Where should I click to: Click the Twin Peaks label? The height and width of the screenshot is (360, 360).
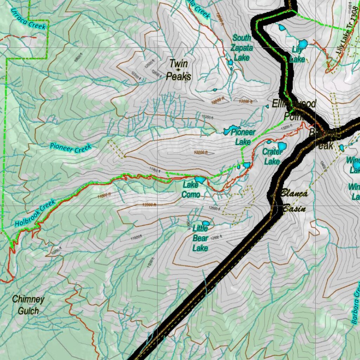[179, 70]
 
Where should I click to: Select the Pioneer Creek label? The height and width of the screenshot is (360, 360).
[70, 148]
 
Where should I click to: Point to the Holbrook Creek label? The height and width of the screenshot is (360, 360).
[35, 213]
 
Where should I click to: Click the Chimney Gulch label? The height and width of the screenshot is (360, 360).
[28, 305]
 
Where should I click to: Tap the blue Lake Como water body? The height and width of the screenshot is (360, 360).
[200, 180]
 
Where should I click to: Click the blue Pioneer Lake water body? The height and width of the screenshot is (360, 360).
[232, 130]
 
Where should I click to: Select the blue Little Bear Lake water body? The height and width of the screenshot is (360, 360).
[206, 223]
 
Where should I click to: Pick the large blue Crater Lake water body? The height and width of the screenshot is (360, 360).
[282, 146]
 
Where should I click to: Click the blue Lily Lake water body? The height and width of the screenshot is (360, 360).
[302, 44]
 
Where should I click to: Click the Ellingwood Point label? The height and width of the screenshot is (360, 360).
[294, 109]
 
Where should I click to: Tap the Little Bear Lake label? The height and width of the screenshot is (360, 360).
[200, 238]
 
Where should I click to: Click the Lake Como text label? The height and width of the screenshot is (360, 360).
[191, 189]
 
